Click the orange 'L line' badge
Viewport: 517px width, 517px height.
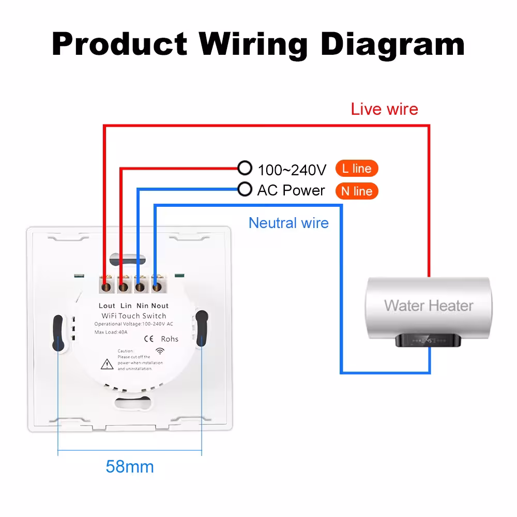(357, 169)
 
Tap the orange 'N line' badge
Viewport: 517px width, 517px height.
(357, 191)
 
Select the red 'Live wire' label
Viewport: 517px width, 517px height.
(385, 109)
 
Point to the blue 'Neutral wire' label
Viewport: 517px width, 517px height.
(288, 223)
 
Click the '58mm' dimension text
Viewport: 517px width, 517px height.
(130, 466)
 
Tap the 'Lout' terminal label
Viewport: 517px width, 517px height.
(107, 306)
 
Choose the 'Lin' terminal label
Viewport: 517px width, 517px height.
(126, 306)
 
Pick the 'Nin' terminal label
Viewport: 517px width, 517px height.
(143, 306)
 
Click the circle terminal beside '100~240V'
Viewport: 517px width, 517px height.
(245, 168)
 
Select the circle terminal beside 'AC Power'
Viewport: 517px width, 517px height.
(245, 189)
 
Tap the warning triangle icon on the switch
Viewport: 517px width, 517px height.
(107, 364)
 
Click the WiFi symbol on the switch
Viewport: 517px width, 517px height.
(160, 351)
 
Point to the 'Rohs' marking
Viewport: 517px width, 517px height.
(170, 339)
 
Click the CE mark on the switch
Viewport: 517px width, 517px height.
(149, 339)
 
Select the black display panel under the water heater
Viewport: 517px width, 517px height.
(428, 340)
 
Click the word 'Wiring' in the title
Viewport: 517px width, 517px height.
(253, 45)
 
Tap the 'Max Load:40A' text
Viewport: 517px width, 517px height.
(111, 332)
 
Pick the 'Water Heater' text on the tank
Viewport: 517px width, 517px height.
(429, 306)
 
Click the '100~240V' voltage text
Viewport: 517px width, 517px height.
(292, 170)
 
